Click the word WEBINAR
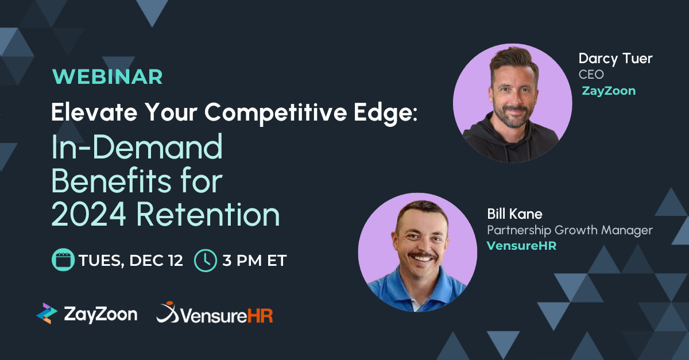coord(107,76)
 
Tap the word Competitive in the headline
coord(276,113)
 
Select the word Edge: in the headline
coord(385,113)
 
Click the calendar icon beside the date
coord(63,260)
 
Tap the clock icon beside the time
coord(206,261)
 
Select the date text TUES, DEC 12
coord(131,261)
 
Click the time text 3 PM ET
coord(254,260)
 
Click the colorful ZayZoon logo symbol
coord(47,313)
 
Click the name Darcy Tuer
coord(616,59)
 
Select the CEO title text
coord(591,75)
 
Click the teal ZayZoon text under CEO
coord(609,91)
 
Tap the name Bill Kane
coord(514,214)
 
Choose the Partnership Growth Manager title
coord(570,230)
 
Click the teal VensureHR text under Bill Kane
coord(522,246)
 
